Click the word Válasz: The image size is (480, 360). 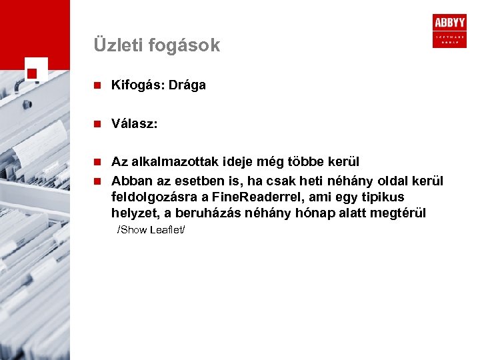[x=135, y=123]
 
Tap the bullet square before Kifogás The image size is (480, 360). [x=97, y=85]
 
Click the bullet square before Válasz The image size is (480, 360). [x=97, y=123]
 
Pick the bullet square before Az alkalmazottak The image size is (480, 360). [x=97, y=161]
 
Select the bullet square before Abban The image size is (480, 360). [x=97, y=181]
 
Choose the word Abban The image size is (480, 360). [x=129, y=181]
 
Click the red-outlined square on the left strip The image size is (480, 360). [x=35, y=72]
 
